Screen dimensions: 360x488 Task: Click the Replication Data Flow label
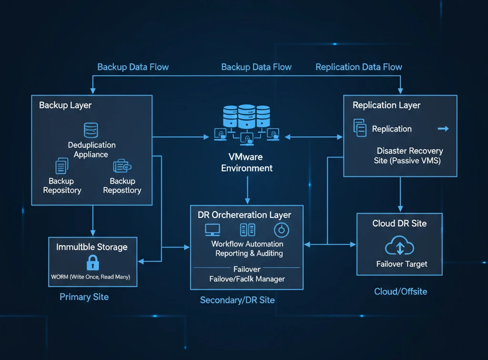358,67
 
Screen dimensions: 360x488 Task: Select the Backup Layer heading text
65,105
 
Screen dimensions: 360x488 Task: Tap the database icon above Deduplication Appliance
91,130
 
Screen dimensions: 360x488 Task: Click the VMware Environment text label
247,162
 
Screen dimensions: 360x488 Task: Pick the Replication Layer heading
386,105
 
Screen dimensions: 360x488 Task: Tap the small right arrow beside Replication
443,129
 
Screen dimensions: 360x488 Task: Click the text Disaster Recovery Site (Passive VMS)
408,156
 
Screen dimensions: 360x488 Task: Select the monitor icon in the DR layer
212,229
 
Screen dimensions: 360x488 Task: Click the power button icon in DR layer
281,230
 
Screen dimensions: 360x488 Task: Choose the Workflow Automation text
247,244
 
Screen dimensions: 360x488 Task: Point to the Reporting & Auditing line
249,254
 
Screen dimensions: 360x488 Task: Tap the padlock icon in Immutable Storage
92,262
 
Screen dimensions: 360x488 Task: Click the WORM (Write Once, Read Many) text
91,277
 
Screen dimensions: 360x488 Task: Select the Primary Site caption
84,297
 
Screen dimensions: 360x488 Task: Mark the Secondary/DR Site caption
237,300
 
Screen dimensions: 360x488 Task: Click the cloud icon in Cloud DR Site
399,247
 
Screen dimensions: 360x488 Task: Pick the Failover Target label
402,264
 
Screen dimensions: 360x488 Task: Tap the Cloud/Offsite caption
400,291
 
